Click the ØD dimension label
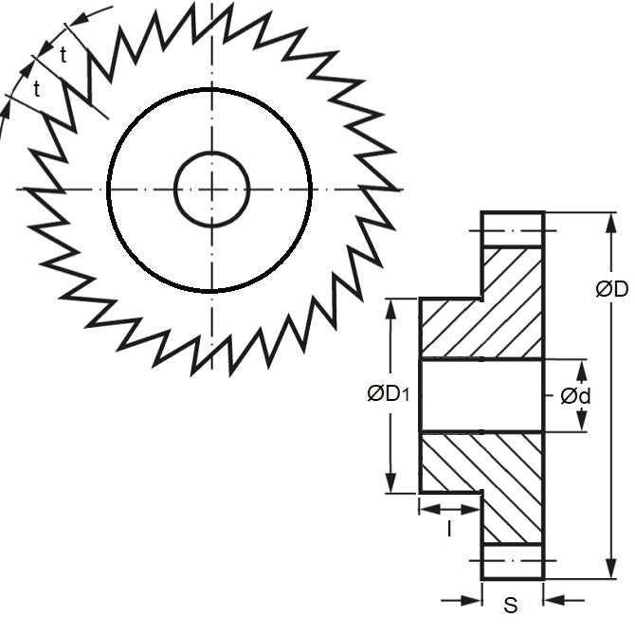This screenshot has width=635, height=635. pos(612,289)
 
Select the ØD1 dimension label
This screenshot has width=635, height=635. pos(389,393)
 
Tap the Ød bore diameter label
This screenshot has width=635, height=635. pos(575,396)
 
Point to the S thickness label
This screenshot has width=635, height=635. pos(511,605)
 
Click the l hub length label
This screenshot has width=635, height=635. pos(449,529)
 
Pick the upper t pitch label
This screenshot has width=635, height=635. pos(63,55)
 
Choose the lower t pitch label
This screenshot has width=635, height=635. pos(37,89)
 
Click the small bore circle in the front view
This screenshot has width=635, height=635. pos(211,190)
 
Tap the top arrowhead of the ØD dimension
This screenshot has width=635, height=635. pos(611,223)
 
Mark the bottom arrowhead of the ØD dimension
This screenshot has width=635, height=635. pos(611,569)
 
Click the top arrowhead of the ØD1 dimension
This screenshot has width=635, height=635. pos(390,309)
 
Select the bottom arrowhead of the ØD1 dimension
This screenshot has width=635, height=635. pos(390,482)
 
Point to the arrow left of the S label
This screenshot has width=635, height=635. pos(462,600)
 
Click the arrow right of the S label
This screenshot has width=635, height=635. pos(564,600)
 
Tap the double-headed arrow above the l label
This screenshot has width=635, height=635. pos(450,510)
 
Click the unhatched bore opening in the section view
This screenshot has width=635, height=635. pos(481,395)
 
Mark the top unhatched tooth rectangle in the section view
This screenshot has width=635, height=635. pos(513,228)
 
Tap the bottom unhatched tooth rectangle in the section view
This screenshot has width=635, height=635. pos(513,562)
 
